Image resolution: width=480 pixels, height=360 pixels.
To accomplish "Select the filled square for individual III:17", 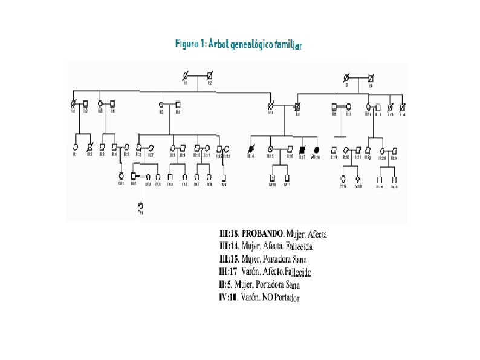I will pos(302,148).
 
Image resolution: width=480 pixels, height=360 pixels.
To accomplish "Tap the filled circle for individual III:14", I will pos(250,148).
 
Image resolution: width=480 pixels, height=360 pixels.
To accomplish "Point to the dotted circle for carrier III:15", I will pos(270,148).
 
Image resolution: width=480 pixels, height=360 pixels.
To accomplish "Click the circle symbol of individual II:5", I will pos(161,104).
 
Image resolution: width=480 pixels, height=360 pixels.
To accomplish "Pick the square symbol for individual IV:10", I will pos(273,177).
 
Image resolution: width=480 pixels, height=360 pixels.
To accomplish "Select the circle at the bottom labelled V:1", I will pos(140,206).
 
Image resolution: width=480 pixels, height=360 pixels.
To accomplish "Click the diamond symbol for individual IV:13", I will pos(358,178).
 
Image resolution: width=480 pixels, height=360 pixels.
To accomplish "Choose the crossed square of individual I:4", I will pos(371,77).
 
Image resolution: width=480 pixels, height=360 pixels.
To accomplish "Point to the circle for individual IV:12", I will pos(343,178).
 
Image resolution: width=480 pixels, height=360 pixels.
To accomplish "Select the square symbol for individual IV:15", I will pos(394,179).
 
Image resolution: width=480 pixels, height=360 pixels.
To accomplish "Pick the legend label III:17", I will pos(227,272).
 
